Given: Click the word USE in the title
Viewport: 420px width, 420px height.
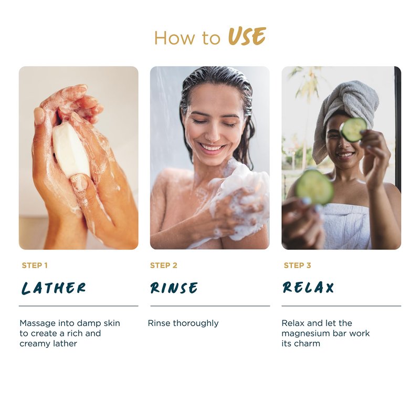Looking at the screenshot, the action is (x=247, y=36).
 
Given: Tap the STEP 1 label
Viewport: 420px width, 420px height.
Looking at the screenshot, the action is (x=35, y=266).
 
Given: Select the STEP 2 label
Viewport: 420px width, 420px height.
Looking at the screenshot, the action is (x=163, y=266).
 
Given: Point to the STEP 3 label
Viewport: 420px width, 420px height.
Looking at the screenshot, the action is (x=297, y=266).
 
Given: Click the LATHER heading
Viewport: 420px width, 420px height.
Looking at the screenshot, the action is (x=54, y=288).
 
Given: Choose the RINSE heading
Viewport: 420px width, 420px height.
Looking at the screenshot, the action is (x=174, y=288).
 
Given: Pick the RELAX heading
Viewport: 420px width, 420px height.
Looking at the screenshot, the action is (x=308, y=287).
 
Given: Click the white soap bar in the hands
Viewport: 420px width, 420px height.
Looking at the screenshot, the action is (x=71, y=150).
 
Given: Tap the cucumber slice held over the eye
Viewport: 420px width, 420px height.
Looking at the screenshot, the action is (x=353, y=129).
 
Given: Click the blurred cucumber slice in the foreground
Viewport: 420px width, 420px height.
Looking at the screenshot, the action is (x=314, y=187).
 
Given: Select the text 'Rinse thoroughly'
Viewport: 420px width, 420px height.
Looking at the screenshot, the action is (x=183, y=323).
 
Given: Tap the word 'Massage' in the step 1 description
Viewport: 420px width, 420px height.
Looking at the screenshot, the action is (x=37, y=323).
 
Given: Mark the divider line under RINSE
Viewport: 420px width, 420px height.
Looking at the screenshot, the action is (x=210, y=306).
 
